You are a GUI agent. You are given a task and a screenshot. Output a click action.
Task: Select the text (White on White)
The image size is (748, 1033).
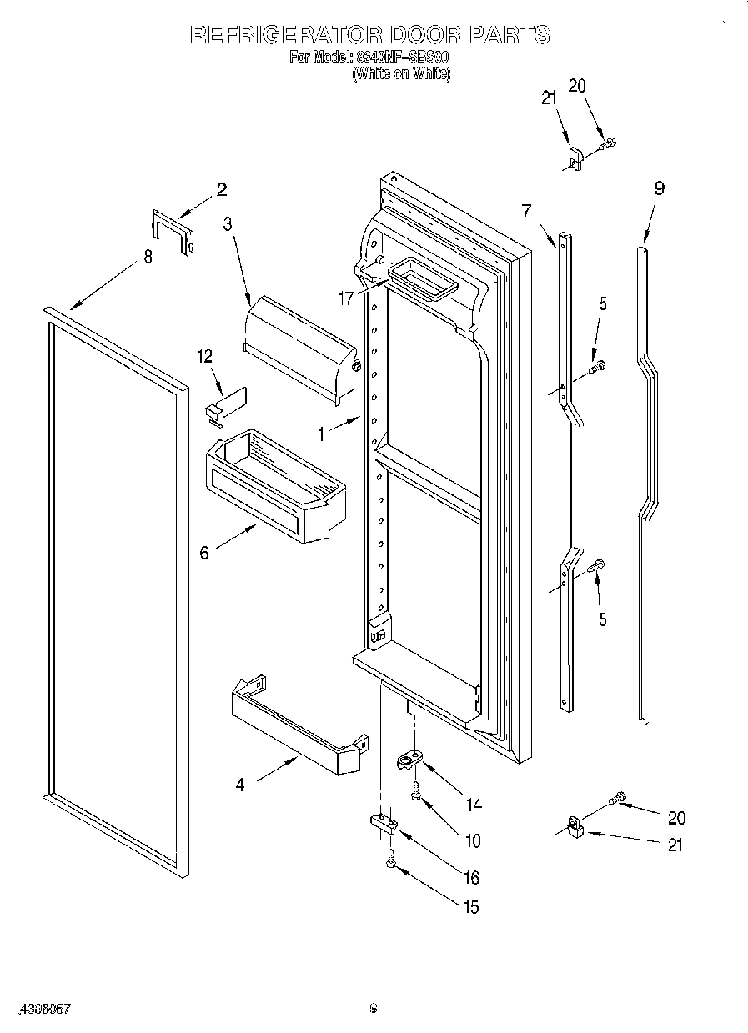click(x=401, y=73)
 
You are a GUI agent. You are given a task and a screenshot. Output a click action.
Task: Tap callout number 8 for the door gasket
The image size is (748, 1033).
click(x=148, y=257)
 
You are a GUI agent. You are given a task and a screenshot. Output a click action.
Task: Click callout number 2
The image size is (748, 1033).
click(x=221, y=189)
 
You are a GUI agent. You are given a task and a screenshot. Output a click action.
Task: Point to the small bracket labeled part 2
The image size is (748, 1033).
click(x=173, y=231)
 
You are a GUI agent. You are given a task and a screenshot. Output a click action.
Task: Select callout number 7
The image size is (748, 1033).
click(x=526, y=210)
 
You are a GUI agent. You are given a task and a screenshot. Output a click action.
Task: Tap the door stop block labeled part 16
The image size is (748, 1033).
click(x=384, y=824)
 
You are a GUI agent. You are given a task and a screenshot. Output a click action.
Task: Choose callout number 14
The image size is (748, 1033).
click(x=474, y=805)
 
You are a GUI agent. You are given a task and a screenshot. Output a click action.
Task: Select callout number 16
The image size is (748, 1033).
click(x=472, y=877)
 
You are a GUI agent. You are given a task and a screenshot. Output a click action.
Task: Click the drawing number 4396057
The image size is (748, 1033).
click(x=41, y=1009)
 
